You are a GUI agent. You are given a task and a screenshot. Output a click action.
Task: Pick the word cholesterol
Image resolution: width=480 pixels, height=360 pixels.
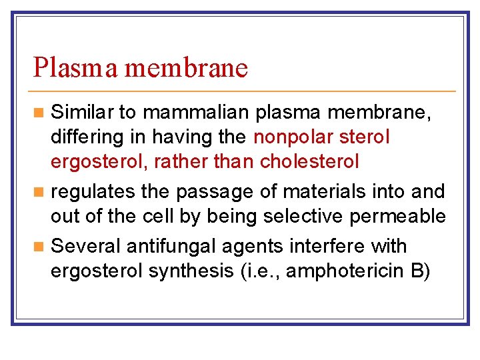310,161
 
